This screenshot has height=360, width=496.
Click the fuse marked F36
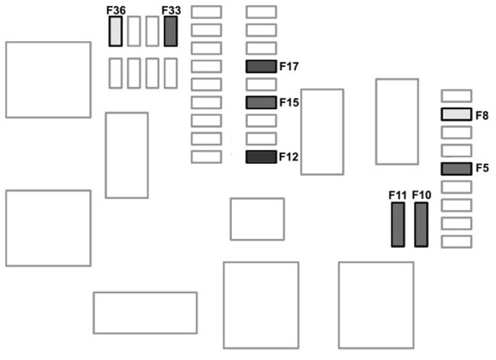(116, 31)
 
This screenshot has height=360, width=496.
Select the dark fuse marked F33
(171, 31)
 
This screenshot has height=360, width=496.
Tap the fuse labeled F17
(261, 66)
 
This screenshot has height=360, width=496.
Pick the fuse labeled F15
(261, 102)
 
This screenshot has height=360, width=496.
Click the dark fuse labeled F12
(261, 157)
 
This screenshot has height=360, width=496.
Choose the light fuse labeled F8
(456, 114)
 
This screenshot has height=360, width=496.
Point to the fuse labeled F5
(456, 169)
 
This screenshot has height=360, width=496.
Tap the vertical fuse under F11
(398, 225)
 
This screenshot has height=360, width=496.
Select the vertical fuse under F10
(421, 225)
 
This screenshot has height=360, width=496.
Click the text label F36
(116, 10)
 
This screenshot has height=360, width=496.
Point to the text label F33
(171, 10)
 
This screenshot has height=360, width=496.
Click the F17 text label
(289, 66)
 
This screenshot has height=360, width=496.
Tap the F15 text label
(289, 102)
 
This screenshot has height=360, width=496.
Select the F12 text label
(289, 157)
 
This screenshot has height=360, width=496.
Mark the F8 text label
(482, 115)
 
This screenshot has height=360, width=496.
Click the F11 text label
(398, 195)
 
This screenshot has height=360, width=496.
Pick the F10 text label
(421, 195)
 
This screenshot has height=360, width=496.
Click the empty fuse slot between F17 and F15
(261, 85)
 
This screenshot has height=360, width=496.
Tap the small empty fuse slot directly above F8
(456, 96)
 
